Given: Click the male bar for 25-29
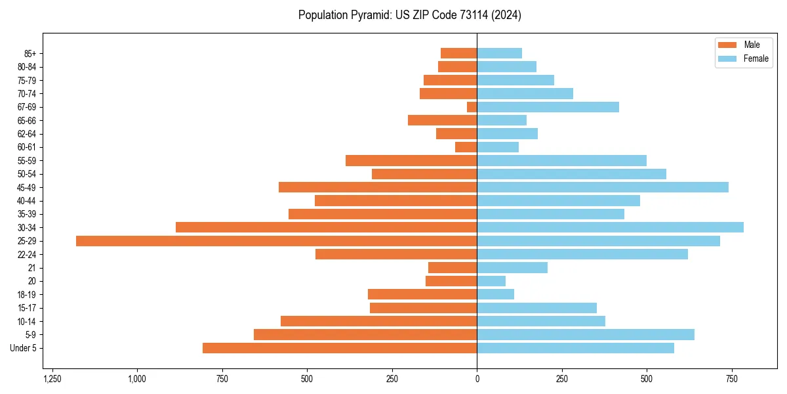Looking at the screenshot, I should (x=276, y=241).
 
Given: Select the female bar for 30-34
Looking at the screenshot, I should (x=610, y=227).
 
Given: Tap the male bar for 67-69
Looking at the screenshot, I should (x=472, y=107).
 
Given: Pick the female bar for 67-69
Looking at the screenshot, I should (x=548, y=107).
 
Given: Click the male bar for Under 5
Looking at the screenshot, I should (x=340, y=348).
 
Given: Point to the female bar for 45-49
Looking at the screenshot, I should (x=603, y=187).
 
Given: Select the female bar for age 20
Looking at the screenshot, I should (x=491, y=281).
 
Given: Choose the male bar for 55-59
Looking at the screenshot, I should (x=411, y=161).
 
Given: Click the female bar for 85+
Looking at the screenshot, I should (x=499, y=53).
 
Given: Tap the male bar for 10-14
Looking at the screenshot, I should (x=378, y=321).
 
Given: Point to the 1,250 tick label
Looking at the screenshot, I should (x=52, y=379).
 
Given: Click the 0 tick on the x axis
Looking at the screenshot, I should (x=477, y=379).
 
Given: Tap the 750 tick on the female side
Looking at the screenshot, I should (x=732, y=379).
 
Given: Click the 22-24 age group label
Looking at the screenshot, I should (x=27, y=254).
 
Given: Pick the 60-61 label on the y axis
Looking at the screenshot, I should (x=27, y=147).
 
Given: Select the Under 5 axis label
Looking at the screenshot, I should (x=24, y=348).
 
